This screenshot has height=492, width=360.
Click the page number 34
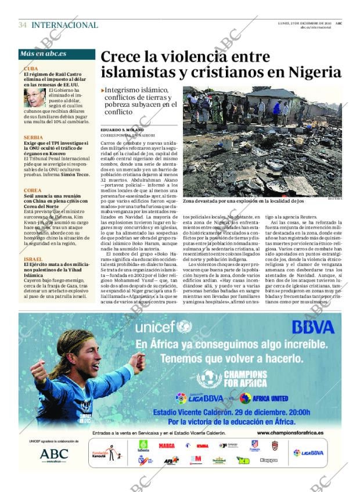click(23, 25)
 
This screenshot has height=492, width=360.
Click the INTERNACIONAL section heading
click(64, 25)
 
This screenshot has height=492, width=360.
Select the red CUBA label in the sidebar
click(31, 67)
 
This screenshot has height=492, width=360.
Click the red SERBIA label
click(33, 137)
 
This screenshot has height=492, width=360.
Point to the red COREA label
click(32, 191)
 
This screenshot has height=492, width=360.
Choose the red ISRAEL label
click(33, 258)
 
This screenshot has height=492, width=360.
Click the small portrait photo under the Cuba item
click(34, 98)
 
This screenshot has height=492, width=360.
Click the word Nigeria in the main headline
click(311, 72)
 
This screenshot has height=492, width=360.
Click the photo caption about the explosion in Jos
click(243, 201)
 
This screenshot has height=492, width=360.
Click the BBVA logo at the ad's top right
click(312, 326)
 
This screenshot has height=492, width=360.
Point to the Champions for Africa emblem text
click(244, 379)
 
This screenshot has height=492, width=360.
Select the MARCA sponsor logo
click(167, 446)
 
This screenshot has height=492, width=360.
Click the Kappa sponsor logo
click(269, 460)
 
